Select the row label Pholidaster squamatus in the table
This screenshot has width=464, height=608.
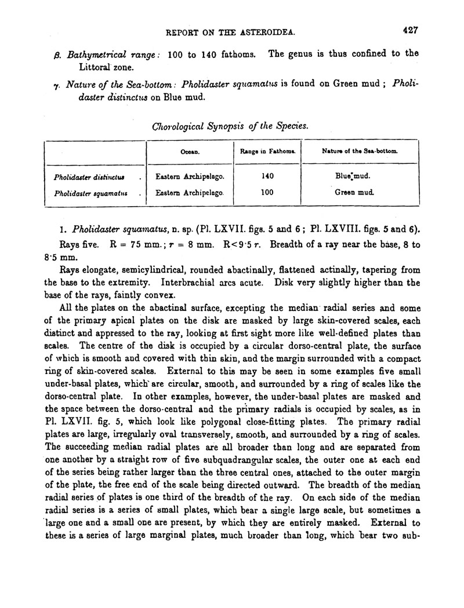tap(85, 192)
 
